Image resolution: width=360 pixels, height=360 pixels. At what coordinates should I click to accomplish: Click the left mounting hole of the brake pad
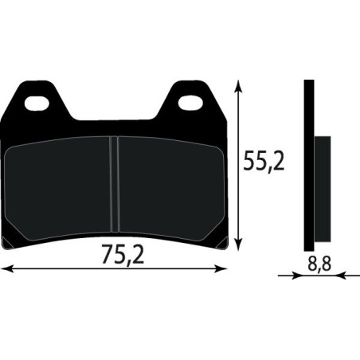pos(36,102)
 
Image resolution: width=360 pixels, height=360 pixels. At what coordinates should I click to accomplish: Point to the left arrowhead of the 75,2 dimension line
pos(6,269)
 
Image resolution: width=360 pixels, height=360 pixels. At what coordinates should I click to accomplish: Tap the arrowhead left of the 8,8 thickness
pos(298,276)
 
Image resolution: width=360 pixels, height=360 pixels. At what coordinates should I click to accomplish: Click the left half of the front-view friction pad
pos(60,187)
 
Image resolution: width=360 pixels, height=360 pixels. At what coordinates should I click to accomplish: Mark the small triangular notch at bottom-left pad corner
pos(7,241)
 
